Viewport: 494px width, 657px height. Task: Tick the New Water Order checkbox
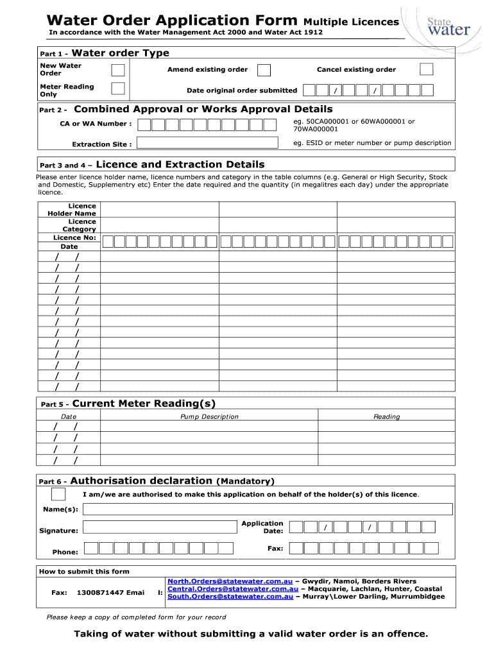click(118, 70)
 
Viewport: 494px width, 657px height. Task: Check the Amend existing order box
click(264, 70)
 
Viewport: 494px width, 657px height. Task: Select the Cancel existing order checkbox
click(426, 69)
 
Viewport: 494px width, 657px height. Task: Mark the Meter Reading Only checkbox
click(118, 90)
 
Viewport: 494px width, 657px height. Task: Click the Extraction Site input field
click(212, 144)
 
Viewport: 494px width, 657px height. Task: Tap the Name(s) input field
click(268, 509)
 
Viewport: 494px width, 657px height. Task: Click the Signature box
click(160, 527)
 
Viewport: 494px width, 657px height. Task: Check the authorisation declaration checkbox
click(58, 494)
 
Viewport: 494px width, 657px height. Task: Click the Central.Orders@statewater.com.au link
click(232, 589)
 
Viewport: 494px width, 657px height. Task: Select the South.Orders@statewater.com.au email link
click(230, 597)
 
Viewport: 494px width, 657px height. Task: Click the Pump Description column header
click(209, 417)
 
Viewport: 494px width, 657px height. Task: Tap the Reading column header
click(386, 417)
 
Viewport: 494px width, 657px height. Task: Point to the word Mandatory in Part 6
click(246, 481)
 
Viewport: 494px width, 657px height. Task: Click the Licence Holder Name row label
click(72, 210)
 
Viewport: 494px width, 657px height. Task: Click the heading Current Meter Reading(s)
click(144, 404)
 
